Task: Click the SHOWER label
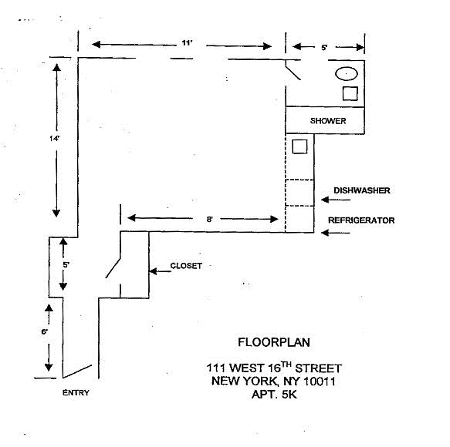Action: point(328,121)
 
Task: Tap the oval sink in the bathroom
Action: point(347,74)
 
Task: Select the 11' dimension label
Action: point(187,43)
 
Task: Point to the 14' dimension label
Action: point(54,139)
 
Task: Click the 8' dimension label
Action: point(209,219)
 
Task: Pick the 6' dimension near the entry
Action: point(45,332)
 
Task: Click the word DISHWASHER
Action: point(361,190)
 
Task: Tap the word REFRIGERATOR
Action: point(361,220)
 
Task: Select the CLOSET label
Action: point(186,266)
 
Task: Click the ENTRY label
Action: point(76,392)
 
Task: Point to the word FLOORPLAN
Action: point(274,342)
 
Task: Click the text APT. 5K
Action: point(274,395)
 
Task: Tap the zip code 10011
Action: point(320,381)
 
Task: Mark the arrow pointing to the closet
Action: point(160,271)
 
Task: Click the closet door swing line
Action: point(113,268)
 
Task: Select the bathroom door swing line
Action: point(293,72)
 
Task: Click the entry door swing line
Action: point(77,371)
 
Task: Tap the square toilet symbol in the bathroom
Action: point(350,93)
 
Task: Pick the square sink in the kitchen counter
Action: point(299,146)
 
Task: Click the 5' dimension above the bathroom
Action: point(324,47)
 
